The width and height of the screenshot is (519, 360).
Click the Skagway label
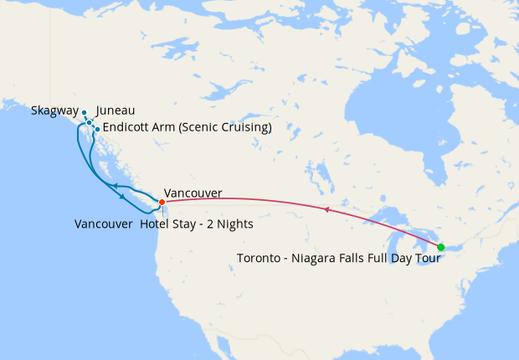54,111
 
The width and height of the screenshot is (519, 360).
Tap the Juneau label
116,111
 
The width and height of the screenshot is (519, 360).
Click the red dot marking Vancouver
162,202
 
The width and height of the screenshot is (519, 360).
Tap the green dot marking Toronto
440,247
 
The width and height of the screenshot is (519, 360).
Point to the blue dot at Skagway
85,111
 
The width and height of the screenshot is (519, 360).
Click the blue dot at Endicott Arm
97,129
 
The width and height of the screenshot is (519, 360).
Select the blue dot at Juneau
90,122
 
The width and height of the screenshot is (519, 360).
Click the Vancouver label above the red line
193,193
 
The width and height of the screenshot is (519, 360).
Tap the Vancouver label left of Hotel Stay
103,224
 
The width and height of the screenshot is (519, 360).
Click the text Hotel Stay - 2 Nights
197,224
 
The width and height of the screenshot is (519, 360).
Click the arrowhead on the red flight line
326,208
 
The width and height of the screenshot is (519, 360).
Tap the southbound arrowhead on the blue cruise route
124,197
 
